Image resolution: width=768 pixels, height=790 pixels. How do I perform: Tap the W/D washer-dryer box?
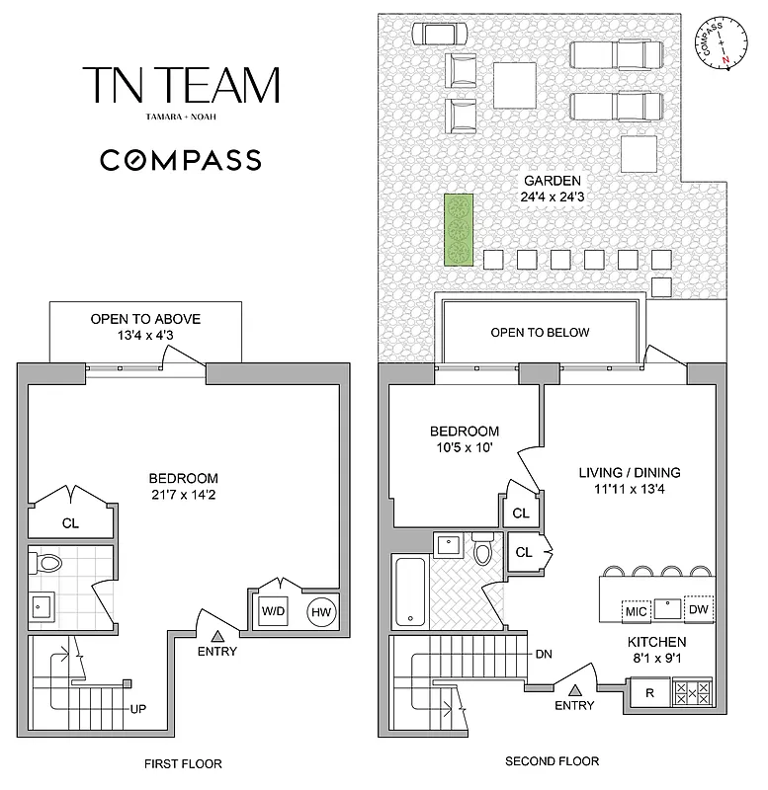point(272,611)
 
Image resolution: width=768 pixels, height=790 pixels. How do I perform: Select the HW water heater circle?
point(321,611)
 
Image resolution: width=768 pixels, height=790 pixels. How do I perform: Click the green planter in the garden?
point(458,230)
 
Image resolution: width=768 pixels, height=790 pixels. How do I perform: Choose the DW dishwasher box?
point(699,609)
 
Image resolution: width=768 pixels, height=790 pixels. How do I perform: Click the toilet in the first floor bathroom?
point(46,564)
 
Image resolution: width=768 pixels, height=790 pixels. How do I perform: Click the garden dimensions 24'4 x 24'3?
point(552,196)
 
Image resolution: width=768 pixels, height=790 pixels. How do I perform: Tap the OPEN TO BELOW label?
point(540,332)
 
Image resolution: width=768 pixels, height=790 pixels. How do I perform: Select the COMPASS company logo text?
point(181,160)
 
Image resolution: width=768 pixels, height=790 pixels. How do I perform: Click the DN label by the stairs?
point(543,654)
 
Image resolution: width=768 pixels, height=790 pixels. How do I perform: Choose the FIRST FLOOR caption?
point(182,763)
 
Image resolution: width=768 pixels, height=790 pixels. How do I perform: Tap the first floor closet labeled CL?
point(70,524)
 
